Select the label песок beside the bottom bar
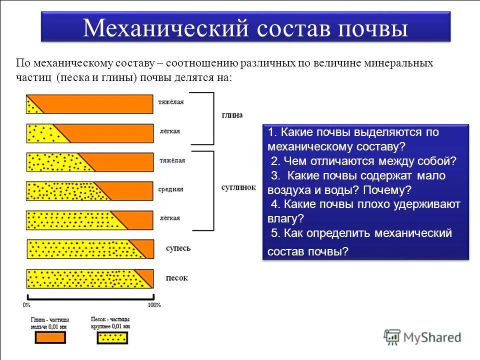(176, 278)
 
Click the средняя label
(171, 189)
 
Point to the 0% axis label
(26, 304)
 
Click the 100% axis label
(154, 304)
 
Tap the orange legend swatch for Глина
(49, 338)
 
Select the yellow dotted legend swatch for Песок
(112, 338)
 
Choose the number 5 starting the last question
(274, 233)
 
